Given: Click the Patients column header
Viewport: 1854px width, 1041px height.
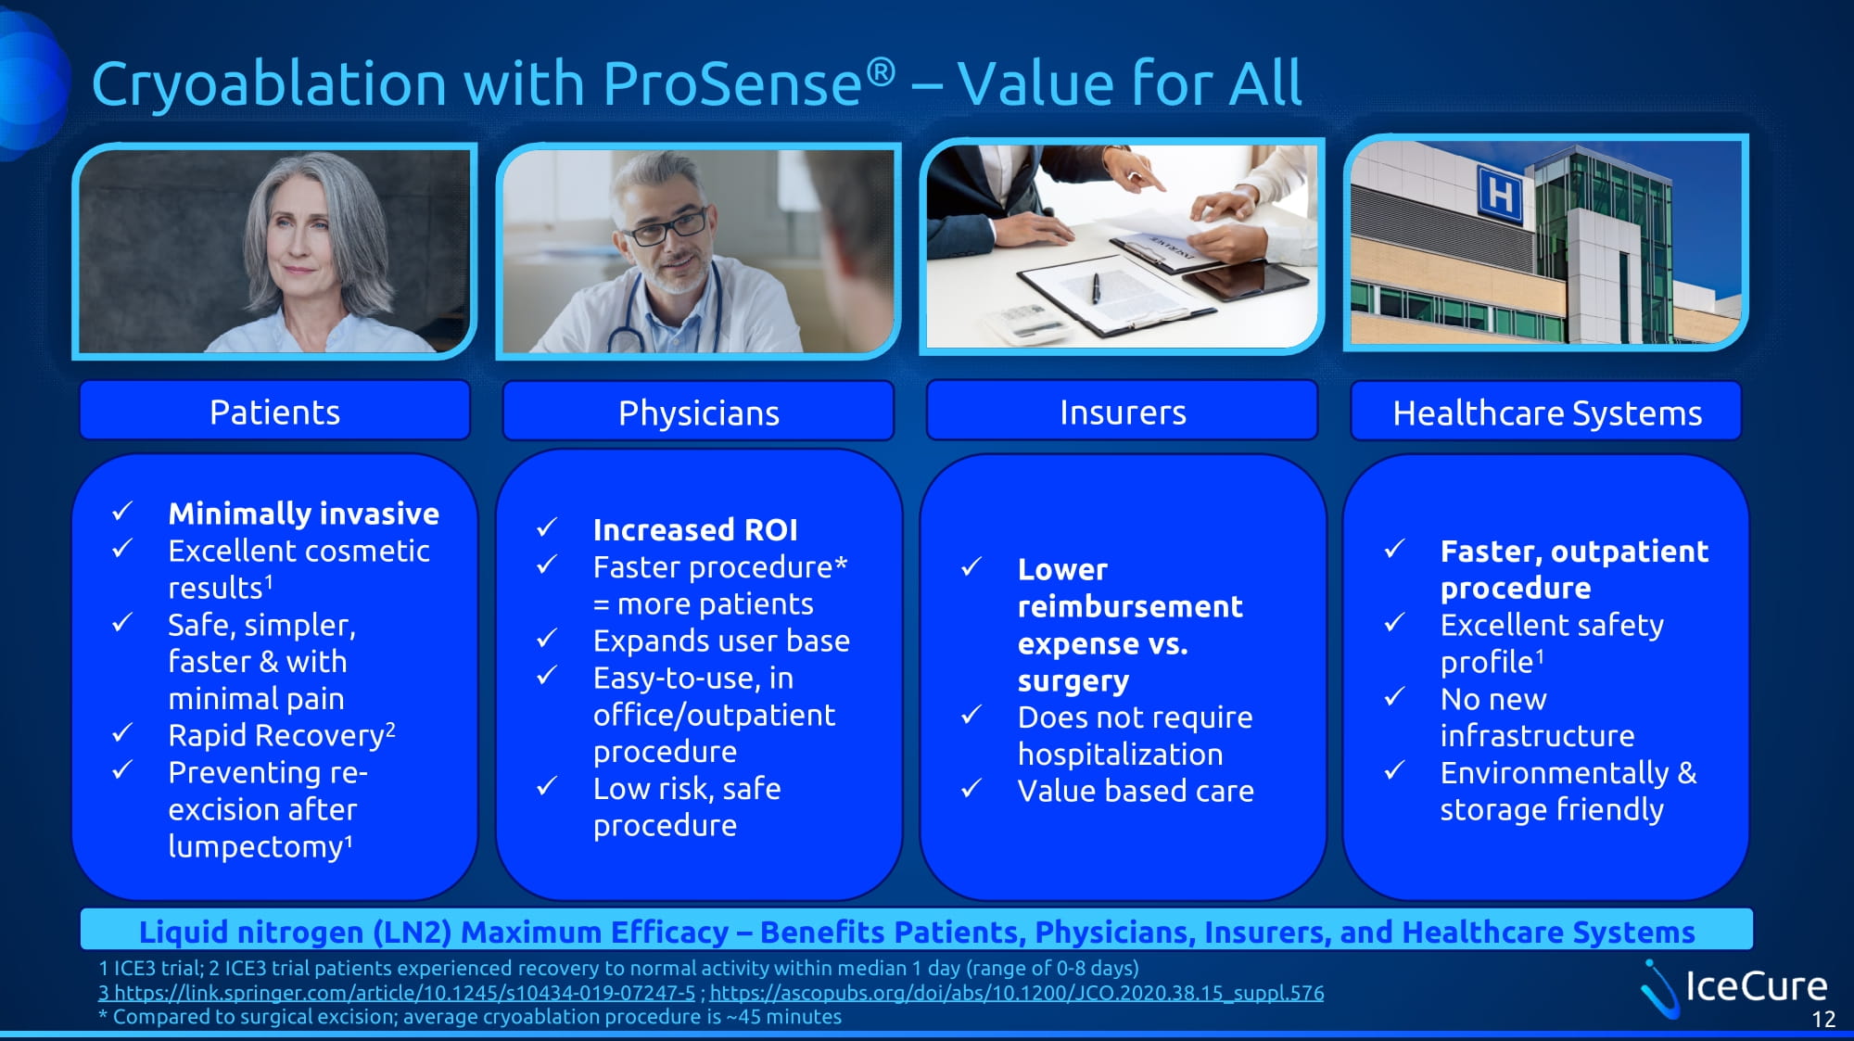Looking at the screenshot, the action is click(x=274, y=411).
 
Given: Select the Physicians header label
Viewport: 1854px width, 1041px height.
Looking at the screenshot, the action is click(x=698, y=413).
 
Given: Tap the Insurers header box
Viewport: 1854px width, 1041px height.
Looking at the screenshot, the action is click(x=1122, y=411).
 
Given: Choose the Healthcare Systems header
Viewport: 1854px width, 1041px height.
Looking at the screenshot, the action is click(x=1546, y=412).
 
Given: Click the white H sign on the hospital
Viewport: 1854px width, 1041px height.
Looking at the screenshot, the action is click(x=1500, y=195).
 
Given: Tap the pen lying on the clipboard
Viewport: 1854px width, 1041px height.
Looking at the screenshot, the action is click(x=1096, y=288).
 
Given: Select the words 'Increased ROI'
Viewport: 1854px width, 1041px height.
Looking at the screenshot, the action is click(x=695, y=529).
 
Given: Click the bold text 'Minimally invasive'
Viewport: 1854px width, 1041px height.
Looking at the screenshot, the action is click(x=303, y=513).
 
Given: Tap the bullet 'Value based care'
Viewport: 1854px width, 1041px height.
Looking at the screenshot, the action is click(x=1136, y=791).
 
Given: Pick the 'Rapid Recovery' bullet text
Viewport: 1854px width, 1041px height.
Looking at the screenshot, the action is click(x=276, y=735).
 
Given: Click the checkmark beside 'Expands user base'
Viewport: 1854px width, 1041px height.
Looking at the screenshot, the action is click(x=547, y=639).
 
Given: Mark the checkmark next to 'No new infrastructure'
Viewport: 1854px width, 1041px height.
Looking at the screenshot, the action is click(x=1394, y=696).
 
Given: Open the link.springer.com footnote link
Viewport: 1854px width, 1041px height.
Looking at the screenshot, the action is click(x=397, y=993).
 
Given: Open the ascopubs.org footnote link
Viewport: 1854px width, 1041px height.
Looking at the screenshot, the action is click(x=1017, y=993).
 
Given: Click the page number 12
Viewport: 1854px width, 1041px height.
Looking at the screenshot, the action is click(x=1823, y=1020).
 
